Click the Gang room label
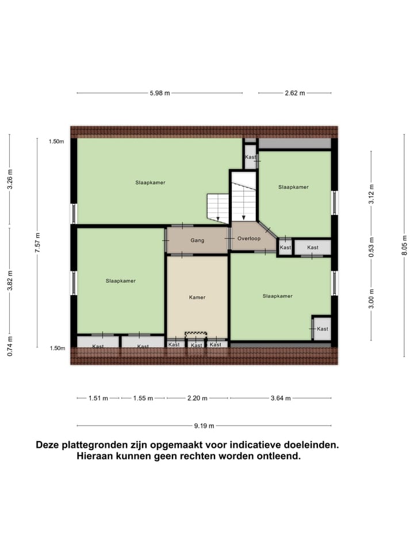coord(198,240)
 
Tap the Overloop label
coord(249,238)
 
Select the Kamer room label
coord(197,297)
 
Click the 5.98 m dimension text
coord(160,93)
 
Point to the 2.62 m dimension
coord(294,93)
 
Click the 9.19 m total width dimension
coord(204,426)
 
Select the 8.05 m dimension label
coord(404,248)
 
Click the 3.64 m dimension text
coord(281,398)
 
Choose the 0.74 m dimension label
coord(10,347)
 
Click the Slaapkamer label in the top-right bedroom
coord(293,187)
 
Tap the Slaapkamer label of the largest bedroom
coord(150,182)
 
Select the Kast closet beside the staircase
coord(250,157)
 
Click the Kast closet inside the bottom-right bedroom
coord(323,329)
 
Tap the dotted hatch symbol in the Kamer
coord(196,333)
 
